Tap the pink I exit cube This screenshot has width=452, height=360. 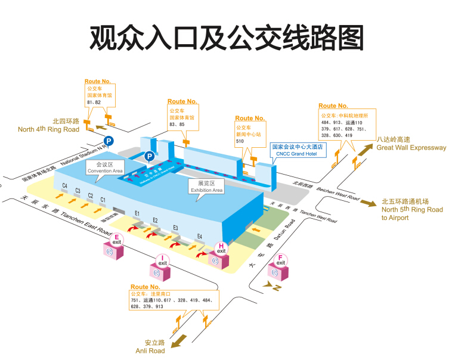click(x=161, y=268)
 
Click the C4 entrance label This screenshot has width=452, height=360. click(x=64, y=186)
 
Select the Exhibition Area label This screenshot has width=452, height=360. click(x=206, y=187)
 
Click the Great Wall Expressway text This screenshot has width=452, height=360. click(x=411, y=148)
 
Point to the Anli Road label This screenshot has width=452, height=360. click(x=150, y=347)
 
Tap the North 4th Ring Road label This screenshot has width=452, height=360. click(x=48, y=125)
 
